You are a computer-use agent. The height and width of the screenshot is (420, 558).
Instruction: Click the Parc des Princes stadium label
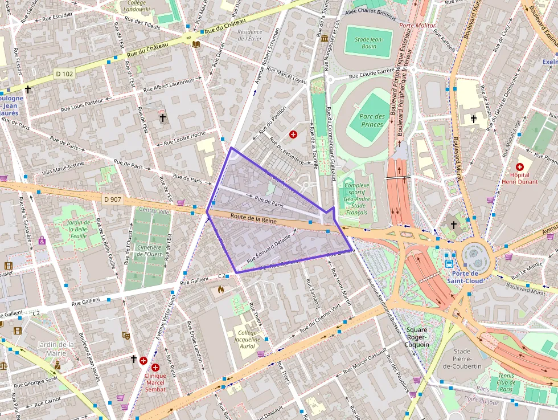click(372, 120)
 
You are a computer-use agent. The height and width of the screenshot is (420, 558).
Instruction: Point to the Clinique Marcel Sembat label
click(155, 382)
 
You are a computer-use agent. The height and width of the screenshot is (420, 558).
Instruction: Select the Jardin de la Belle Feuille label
click(79, 229)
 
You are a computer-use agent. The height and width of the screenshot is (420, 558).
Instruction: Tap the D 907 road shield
click(113, 199)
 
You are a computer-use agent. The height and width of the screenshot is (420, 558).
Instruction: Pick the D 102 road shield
click(64, 74)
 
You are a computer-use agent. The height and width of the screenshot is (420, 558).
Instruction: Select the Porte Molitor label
click(417, 26)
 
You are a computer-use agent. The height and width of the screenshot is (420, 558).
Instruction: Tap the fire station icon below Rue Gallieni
click(221, 289)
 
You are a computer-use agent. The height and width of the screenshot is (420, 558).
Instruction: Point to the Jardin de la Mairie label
click(55, 348)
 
